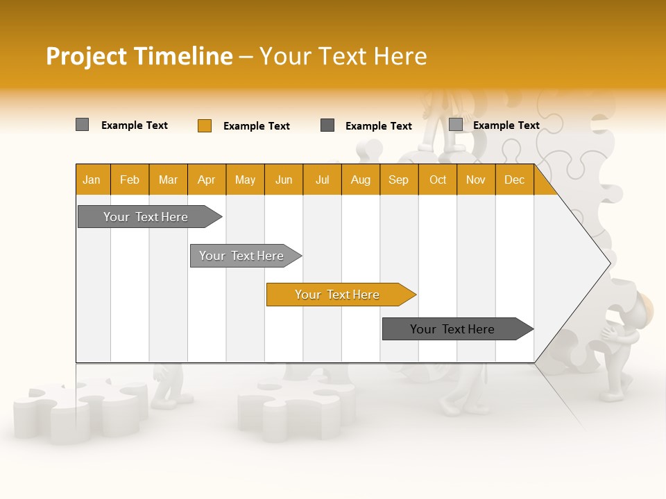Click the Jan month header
click(92, 180)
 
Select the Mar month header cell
click(168, 180)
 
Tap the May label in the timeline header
click(245, 180)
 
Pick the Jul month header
click(322, 180)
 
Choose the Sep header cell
click(398, 180)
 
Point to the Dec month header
click(514, 180)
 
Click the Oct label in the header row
click(438, 180)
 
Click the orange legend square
click(204, 125)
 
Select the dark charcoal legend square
click(327, 125)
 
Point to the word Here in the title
click(400, 56)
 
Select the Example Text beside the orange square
click(256, 126)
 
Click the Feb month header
click(130, 180)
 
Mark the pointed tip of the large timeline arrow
click(609, 263)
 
